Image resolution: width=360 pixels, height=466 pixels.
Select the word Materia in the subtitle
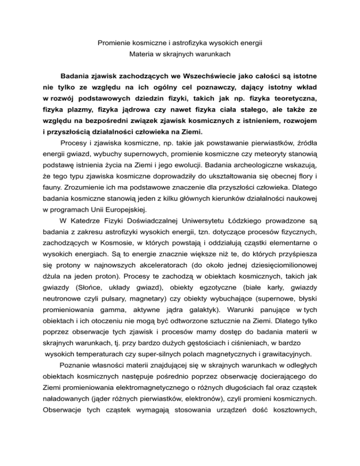(142, 54)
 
